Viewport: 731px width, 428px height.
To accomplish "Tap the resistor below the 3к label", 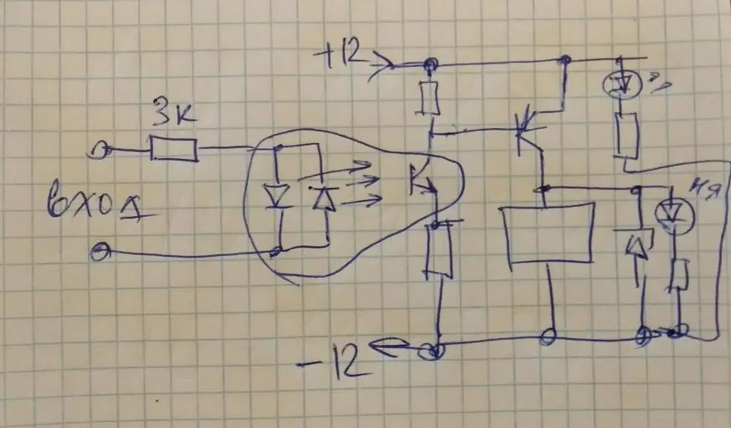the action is coord(173,150).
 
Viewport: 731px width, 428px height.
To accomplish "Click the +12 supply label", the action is coord(342,56).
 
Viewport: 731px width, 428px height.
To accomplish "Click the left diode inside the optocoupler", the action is coord(277,196).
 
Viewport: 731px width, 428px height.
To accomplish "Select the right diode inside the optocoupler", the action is coord(322,198).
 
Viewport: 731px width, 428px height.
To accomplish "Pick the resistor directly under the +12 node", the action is coord(428,100).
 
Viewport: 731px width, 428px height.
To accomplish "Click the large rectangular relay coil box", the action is coord(547,234).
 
